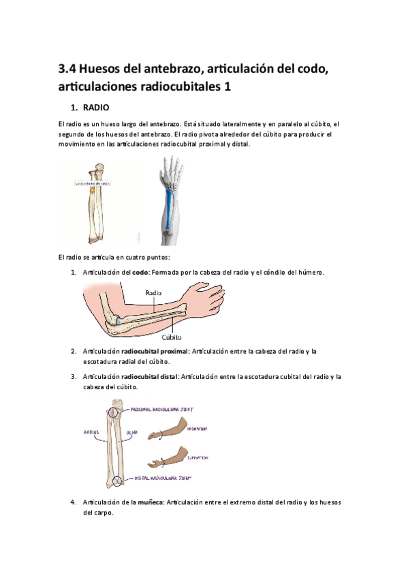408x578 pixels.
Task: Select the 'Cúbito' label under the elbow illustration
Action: [x=172, y=336]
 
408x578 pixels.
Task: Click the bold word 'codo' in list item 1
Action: [x=140, y=272]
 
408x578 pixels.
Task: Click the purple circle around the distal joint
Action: [x=118, y=481]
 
